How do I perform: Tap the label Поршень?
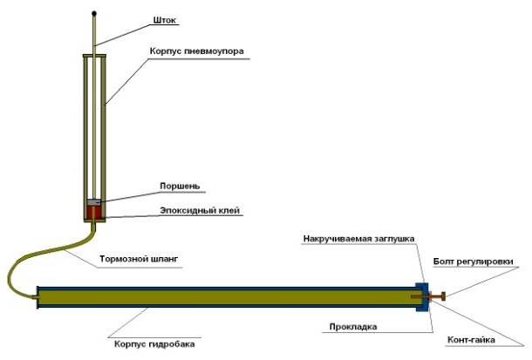[180, 186]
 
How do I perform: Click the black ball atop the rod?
[95, 14]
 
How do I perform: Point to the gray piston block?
[95, 203]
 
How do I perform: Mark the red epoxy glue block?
[95, 214]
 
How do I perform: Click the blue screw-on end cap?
[422, 297]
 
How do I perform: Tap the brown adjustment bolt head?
[444, 297]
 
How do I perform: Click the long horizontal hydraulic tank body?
[227, 297]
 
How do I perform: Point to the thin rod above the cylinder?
[95, 39]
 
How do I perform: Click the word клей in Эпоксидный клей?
[228, 210]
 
